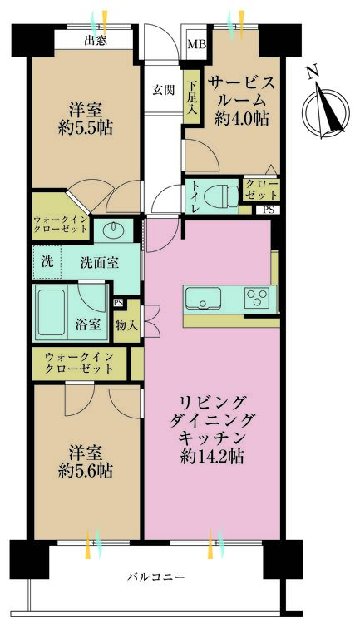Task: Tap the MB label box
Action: [x=196, y=45]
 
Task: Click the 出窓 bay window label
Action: [x=94, y=40]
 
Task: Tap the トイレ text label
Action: [x=195, y=197]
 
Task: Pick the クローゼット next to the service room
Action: [x=261, y=189]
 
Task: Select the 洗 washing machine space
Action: [x=47, y=261]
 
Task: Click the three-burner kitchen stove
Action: [x=257, y=296]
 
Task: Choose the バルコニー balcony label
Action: [x=155, y=577]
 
